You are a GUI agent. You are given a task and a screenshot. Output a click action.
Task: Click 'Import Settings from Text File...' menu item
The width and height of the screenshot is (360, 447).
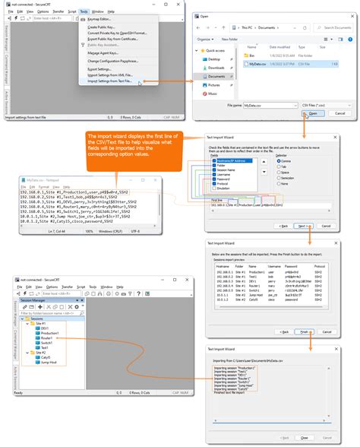[x=109, y=82]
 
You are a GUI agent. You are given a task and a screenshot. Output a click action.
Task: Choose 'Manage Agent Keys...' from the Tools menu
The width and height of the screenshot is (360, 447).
[x=104, y=52]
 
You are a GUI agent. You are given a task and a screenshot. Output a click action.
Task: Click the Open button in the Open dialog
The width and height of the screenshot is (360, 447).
[x=312, y=113]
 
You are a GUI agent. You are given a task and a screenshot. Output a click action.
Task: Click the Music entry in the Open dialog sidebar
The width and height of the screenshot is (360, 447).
[x=215, y=94]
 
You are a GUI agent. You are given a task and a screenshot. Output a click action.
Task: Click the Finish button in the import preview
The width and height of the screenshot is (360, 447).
[x=304, y=331]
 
